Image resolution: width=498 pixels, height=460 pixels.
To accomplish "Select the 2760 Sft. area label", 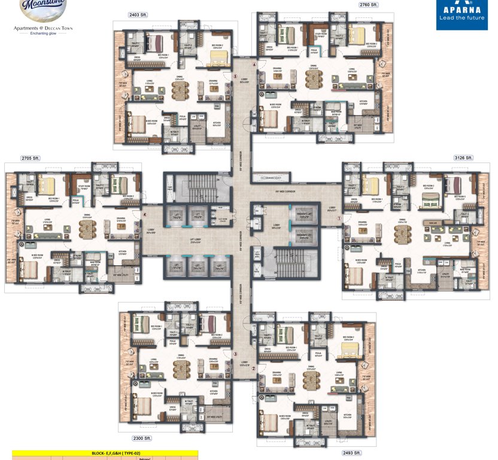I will tap(369, 5).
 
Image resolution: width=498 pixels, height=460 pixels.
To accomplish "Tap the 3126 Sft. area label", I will tap(463, 158).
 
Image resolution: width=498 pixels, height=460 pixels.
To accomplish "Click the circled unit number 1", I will tap(339, 219).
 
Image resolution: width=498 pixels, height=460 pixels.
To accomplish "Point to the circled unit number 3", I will tap(235, 353).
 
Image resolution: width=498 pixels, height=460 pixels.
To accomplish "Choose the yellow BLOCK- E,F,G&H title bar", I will tap(105, 453).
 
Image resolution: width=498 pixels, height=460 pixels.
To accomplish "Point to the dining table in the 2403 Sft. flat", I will tap(180, 90).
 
